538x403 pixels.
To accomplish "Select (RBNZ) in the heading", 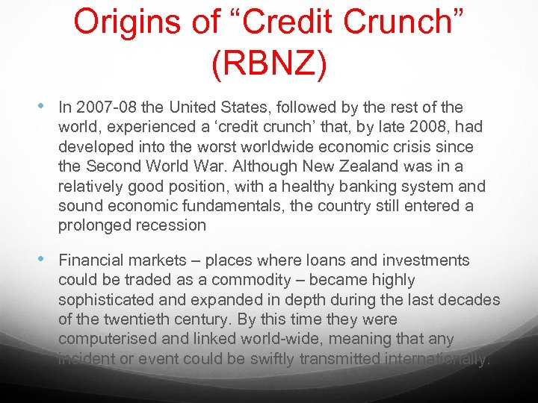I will pos(269,65).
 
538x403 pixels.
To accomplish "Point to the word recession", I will pos(168,225).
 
